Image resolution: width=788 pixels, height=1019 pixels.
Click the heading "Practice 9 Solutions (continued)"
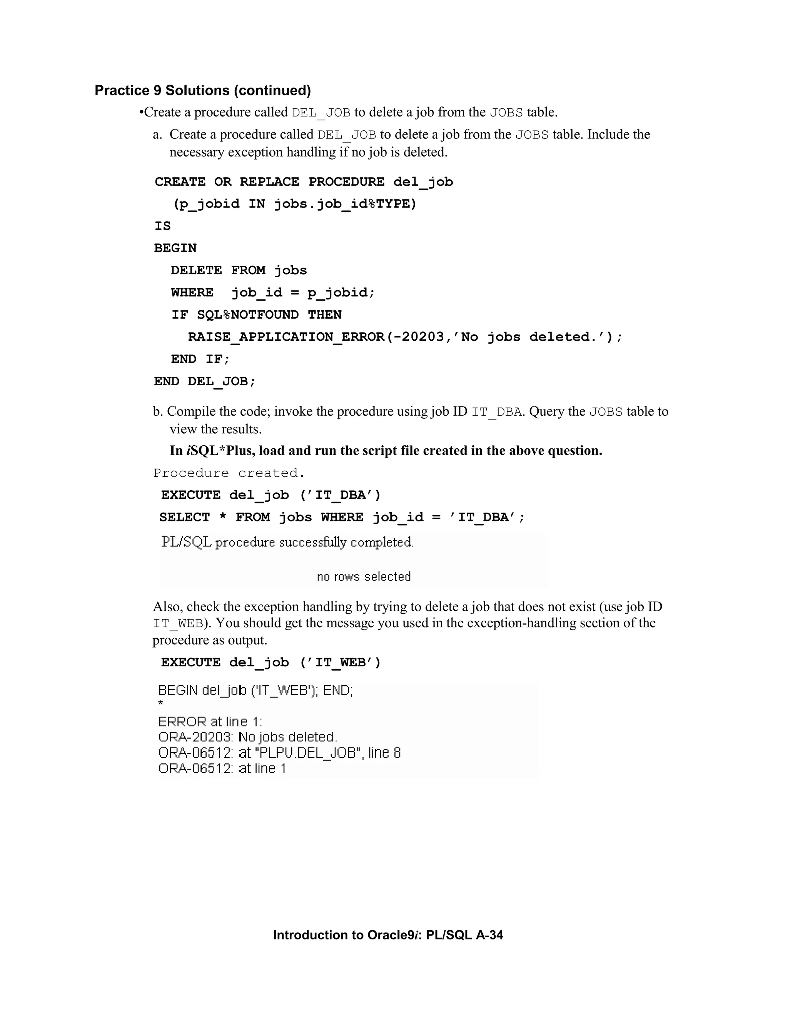[203, 90]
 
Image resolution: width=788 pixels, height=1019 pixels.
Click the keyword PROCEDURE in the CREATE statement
[346, 182]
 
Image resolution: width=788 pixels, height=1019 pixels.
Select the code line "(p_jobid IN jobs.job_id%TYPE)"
[295, 204]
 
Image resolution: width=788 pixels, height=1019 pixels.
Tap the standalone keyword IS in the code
[162, 226]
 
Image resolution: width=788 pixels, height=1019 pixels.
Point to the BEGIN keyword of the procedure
[175, 248]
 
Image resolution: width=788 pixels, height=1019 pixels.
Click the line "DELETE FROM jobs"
[239, 271]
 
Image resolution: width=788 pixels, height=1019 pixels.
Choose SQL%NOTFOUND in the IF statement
[247, 315]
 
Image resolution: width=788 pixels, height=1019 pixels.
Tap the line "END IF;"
[200, 359]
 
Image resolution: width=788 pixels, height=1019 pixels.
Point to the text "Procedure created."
[229, 473]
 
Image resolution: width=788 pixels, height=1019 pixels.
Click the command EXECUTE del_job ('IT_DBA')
[271, 495]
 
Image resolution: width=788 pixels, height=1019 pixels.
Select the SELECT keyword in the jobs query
[184, 518]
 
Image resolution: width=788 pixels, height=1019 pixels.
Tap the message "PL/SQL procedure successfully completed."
[287, 542]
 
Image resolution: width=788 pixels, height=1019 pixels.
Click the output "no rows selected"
[364, 577]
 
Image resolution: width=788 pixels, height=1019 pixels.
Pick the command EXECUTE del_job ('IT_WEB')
[271, 663]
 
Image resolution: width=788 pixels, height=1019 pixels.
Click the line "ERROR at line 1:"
[210, 722]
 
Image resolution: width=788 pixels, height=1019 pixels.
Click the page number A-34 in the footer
[489, 935]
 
